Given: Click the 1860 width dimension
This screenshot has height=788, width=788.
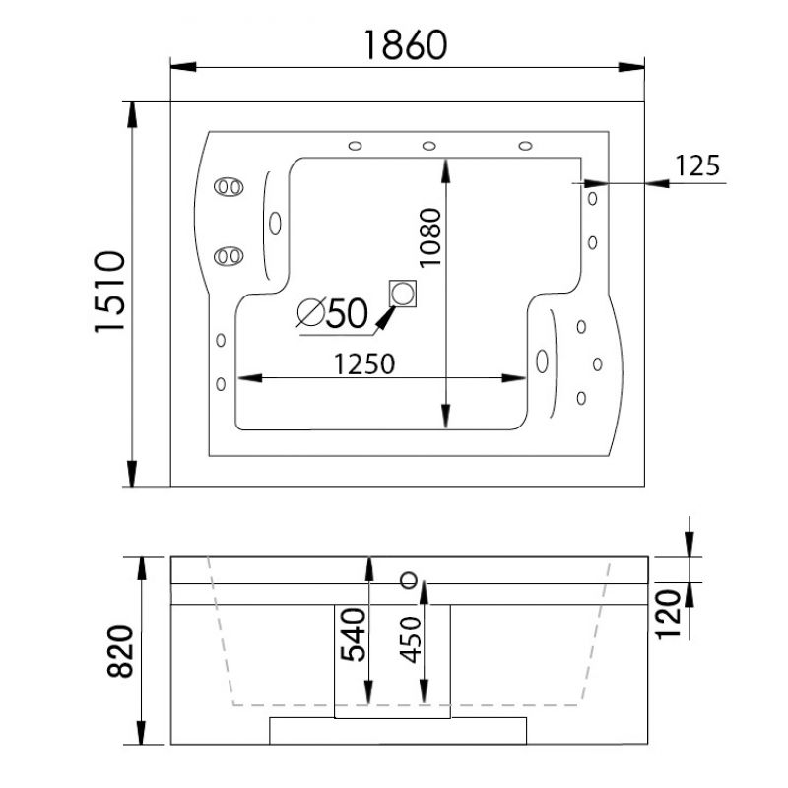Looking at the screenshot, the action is click(x=405, y=44).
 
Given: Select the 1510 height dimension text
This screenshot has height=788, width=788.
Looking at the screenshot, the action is click(x=109, y=292).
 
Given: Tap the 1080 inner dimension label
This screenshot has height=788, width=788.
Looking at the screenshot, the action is click(x=430, y=237).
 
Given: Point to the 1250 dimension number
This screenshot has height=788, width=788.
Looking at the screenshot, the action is click(x=364, y=363).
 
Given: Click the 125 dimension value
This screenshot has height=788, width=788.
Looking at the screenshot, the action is click(x=697, y=165).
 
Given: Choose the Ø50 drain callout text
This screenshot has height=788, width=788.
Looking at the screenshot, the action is click(x=332, y=312).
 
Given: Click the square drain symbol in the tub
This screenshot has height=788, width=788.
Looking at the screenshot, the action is click(x=403, y=294).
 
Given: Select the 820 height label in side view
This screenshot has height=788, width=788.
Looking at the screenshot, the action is click(x=120, y=651).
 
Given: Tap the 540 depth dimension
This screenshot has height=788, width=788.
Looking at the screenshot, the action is click(x=353, y=634).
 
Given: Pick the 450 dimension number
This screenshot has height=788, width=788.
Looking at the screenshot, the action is click(x=411, y=639).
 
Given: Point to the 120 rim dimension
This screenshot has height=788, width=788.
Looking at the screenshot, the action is click(x=669, y=615).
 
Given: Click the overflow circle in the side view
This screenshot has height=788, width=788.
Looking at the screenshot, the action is click(x=409, y=580).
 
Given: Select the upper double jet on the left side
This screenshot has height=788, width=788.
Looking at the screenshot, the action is click(x=229, y=187).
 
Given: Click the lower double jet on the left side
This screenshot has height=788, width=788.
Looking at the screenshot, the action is click(x=229, y=256).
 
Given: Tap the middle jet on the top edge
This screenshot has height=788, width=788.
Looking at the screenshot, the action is click(x=428, y=146).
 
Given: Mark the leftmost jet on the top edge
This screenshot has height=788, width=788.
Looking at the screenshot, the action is click(x=355, y=146).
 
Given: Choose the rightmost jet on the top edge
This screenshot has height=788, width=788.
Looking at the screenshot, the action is click(x=525, y=146).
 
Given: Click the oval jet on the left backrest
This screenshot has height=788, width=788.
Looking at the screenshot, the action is click(x=275, y=224).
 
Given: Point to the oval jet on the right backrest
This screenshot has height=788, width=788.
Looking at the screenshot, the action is click(x=542, y=361).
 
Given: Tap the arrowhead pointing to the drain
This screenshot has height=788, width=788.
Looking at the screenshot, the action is click(x=385, y=318).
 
